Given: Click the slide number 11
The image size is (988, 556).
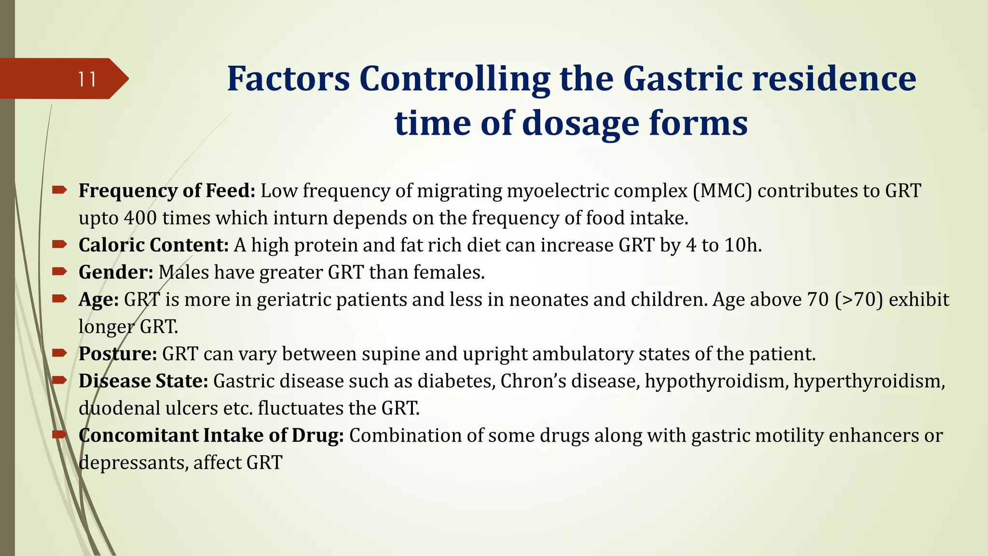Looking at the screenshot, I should point(87,79).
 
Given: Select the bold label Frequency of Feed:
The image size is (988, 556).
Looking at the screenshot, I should point(167,191).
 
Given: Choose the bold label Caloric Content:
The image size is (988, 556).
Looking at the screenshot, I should point(153,245).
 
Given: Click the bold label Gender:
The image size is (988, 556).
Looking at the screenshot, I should point(116,273).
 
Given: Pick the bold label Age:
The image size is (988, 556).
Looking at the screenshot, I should point(99,300).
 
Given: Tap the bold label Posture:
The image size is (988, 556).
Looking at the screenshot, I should point(118,354).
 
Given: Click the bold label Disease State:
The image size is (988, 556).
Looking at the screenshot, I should point(143,381).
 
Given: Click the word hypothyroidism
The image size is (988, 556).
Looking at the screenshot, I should point(716,382).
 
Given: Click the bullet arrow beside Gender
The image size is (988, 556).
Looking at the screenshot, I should point(59,272).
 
